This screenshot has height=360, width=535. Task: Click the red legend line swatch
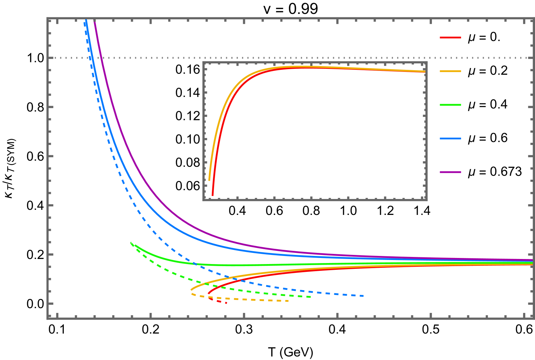450,38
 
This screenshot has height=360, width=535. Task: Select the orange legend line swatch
450,71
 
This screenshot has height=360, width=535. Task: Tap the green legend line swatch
450,105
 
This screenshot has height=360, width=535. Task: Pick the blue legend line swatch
450,139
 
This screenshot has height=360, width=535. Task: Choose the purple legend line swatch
450,172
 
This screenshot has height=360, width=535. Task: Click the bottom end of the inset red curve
213,195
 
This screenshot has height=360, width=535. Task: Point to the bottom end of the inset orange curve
209,180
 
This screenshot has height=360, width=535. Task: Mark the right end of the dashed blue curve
363,296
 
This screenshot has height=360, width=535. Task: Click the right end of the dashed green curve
311,297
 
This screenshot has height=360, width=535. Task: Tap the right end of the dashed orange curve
288,301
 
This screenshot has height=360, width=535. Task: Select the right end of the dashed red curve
226,303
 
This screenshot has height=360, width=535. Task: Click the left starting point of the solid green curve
135,245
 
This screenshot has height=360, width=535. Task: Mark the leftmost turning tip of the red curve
208,294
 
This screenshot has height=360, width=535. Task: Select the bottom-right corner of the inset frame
427,200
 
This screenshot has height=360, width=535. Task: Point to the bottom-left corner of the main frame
48,318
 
